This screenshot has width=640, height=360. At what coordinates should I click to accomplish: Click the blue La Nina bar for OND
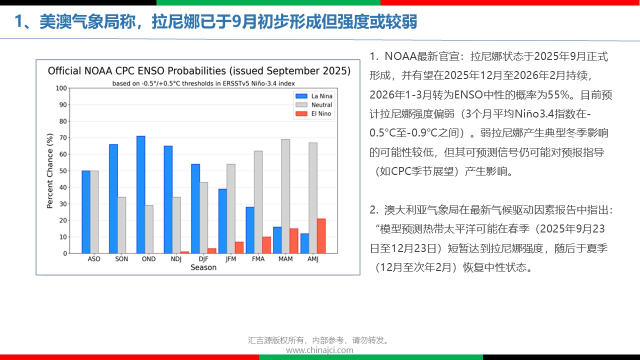(140, 194)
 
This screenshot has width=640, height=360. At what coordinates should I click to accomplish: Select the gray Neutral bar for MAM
(285, 196)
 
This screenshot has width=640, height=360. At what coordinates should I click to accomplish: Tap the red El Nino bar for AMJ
(321, 236)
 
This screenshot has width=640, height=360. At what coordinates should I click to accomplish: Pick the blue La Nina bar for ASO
(86, 212)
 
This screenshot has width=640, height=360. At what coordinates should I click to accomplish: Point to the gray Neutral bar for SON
(121, 225)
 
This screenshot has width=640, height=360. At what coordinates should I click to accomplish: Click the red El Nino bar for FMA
(266, 245)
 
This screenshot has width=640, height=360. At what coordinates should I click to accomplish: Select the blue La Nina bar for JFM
(222, 221)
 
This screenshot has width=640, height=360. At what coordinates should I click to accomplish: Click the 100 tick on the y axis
(61, 88)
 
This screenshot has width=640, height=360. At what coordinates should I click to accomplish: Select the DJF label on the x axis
(203, 259)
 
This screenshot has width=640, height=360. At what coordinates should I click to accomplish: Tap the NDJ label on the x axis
(176, 259)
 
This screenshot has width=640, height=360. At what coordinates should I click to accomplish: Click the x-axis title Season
(203, 267)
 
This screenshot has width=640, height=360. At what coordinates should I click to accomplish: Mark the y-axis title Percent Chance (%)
(50, 170)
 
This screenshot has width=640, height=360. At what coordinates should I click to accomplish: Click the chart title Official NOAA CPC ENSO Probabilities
(199, 71)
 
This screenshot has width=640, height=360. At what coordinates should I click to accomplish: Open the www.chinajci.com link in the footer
(319, 350)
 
